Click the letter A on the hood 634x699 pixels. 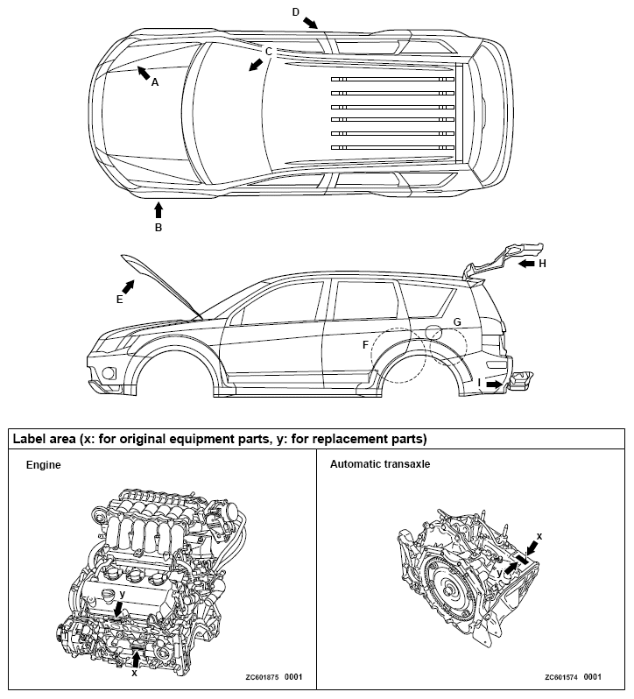point(155,82)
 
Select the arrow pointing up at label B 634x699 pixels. point(158,209)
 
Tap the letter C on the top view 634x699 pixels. point(269,52)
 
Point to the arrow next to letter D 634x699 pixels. point(311,20)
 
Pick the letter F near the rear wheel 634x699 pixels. point(366,345)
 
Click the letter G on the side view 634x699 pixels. point(456,322)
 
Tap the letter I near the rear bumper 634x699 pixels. point(480,383)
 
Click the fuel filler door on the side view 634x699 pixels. point(433,330)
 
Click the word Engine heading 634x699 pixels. point(43,465)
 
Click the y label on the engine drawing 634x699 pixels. point(123,593)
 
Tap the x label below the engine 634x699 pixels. point(134,673)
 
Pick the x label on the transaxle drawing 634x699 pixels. point(539,535)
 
